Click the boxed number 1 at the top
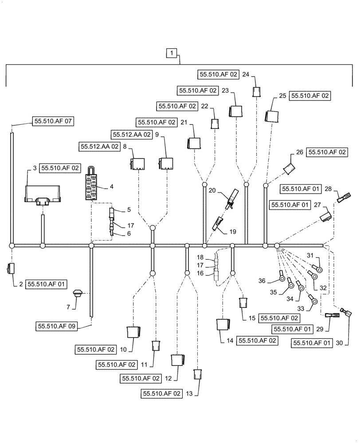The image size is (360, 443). [172, 54]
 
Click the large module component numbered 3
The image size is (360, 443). [43, 194]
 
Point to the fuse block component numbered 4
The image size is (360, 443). [93, 186]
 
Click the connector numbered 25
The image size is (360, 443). [272, 116]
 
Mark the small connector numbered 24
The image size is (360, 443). [256, 91]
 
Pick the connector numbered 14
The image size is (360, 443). [223, 325]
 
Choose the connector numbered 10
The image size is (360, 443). [133, 332]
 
